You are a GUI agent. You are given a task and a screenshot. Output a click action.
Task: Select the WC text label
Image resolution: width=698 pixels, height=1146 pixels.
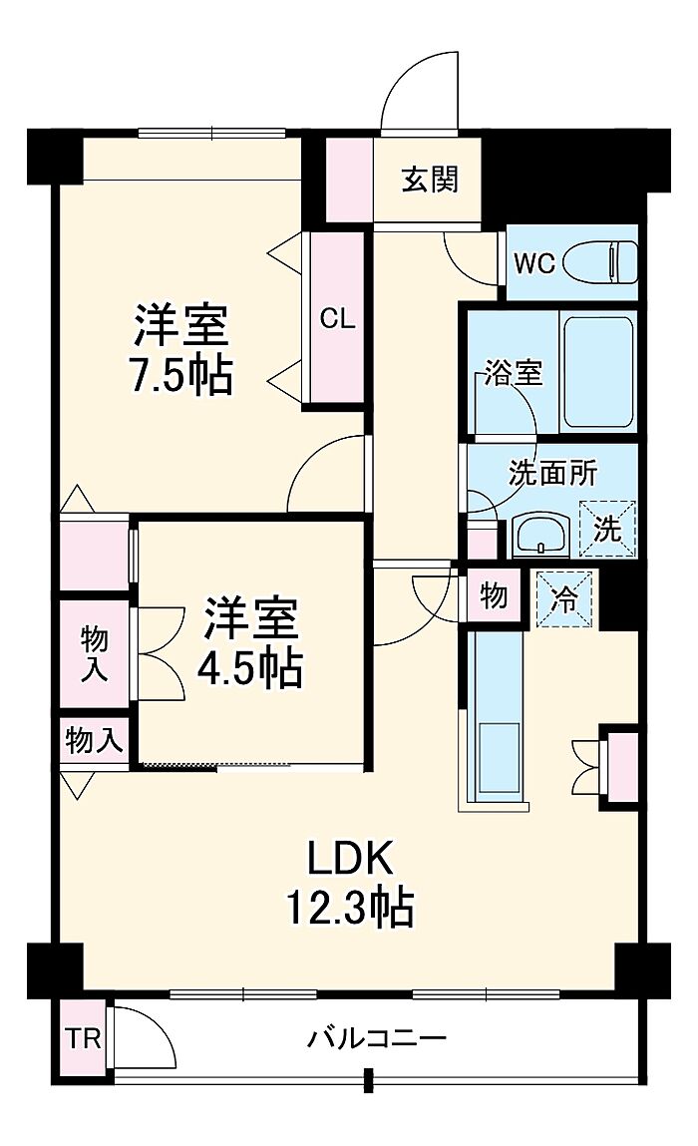click(x=535, y=263)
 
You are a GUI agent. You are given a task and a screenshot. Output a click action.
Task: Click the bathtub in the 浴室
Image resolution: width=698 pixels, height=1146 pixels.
click(x=598, y=372)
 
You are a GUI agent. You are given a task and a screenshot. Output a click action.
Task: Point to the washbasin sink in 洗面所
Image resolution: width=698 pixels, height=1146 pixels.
click(x=541, y=535)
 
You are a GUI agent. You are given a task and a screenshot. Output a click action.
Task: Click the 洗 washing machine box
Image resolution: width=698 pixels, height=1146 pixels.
click(x=607, y=530)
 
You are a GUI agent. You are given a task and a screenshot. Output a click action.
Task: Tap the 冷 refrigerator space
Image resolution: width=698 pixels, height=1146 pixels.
click(x=564, y=599)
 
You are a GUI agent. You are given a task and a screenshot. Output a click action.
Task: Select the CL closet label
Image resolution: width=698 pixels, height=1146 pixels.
click(x=338, y=318)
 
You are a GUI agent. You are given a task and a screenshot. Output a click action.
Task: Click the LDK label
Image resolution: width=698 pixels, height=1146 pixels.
click(x=350, y=858)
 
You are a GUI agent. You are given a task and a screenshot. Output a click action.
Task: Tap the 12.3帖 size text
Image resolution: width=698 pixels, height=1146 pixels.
click(x=350, y=907)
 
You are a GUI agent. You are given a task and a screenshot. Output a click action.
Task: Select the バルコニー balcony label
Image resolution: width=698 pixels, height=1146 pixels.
click(x=376, y=1038)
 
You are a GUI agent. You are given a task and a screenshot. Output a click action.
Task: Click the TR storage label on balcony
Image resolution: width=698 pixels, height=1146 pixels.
click(x=83, y=1038)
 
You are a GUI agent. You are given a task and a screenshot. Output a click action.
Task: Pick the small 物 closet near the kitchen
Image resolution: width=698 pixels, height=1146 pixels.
click(x=494, y=595)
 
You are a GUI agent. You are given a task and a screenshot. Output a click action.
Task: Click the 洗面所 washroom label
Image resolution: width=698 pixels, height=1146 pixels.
click(x=553, y=474)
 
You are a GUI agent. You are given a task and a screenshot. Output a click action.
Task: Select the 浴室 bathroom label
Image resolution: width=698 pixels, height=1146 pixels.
click(x=514, y=373)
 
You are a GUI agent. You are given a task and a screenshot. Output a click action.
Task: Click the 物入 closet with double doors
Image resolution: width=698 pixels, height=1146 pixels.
click(x=95, y=653)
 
